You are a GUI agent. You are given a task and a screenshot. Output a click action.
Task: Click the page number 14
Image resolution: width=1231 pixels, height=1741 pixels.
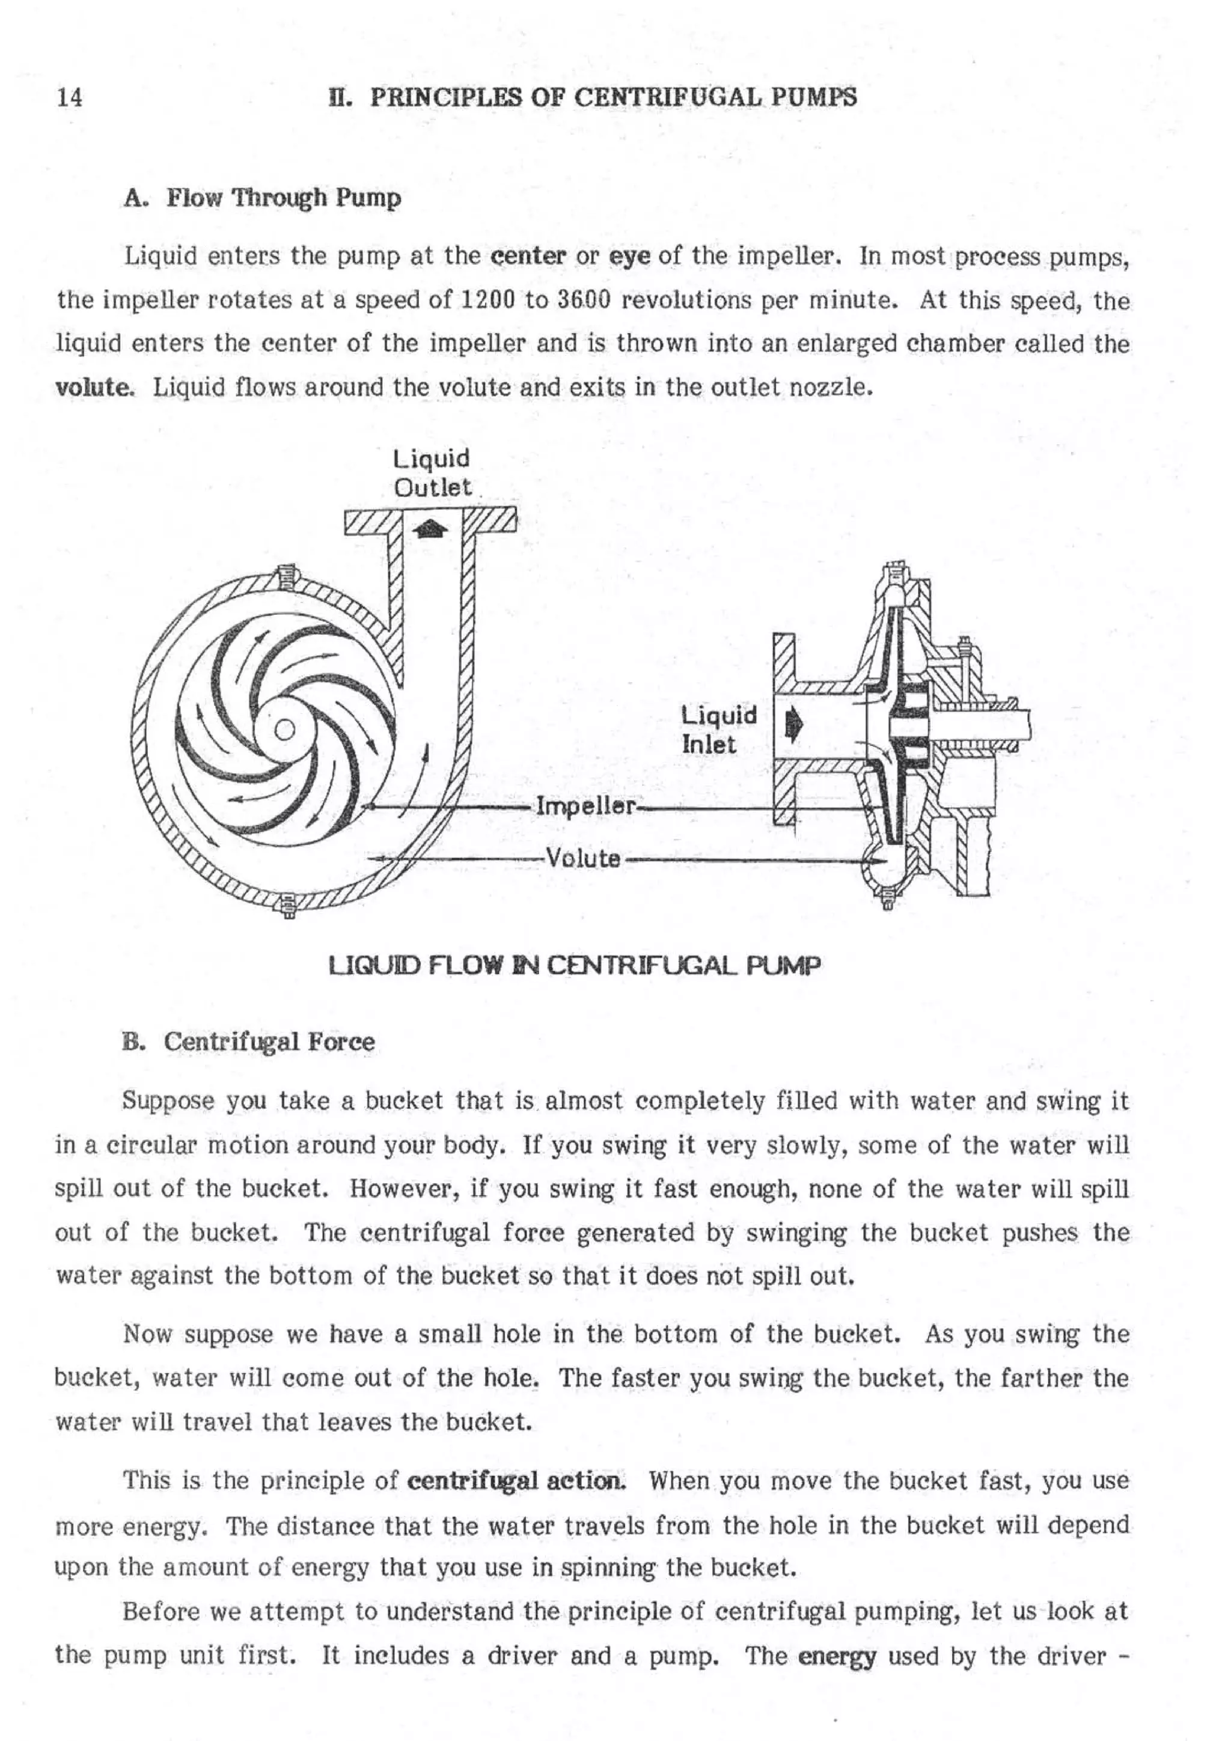pyautogui.click(x=69, y=98)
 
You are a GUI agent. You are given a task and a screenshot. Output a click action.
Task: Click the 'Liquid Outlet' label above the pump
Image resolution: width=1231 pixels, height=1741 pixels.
pyautogui.click(x=432, y=472)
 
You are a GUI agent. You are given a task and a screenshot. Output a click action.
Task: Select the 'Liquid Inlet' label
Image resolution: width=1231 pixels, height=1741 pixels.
pyautogui.click(x=718, y=730)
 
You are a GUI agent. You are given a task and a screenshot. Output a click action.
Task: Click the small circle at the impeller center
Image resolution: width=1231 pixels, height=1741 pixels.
pyautogui.click(x=284, y=730)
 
